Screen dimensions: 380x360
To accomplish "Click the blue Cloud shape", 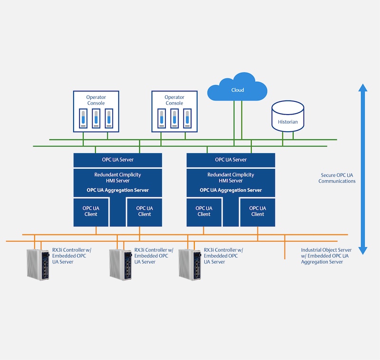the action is (237, 87).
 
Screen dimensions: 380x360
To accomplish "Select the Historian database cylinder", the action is (288, 116).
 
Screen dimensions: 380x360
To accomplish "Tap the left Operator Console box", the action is (96, 111).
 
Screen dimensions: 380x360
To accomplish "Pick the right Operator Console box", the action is (174, 111).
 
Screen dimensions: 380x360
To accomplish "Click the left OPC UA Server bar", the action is (118, 160).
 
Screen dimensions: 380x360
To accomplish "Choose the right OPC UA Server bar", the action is (231, 160).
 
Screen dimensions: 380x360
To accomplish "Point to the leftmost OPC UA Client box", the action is (91, 212).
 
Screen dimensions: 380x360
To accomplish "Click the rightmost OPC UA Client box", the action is (257, 212).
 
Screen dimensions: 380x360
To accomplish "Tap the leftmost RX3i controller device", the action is (38, 264).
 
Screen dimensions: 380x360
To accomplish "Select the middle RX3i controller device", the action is (121, 264).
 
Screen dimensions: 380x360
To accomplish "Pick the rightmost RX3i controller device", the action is (190, 264).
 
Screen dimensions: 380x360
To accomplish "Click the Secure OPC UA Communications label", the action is (337, 178).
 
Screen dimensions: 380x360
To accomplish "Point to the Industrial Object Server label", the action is (326, 256).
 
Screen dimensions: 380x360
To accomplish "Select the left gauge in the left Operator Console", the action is (83, 118).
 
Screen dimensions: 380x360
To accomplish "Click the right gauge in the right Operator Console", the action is (187, 118).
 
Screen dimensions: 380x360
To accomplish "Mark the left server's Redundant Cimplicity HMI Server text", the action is (118, 177).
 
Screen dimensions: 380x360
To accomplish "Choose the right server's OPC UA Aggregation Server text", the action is (231, 190).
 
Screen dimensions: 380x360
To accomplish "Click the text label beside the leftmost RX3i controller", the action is (72, 256).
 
